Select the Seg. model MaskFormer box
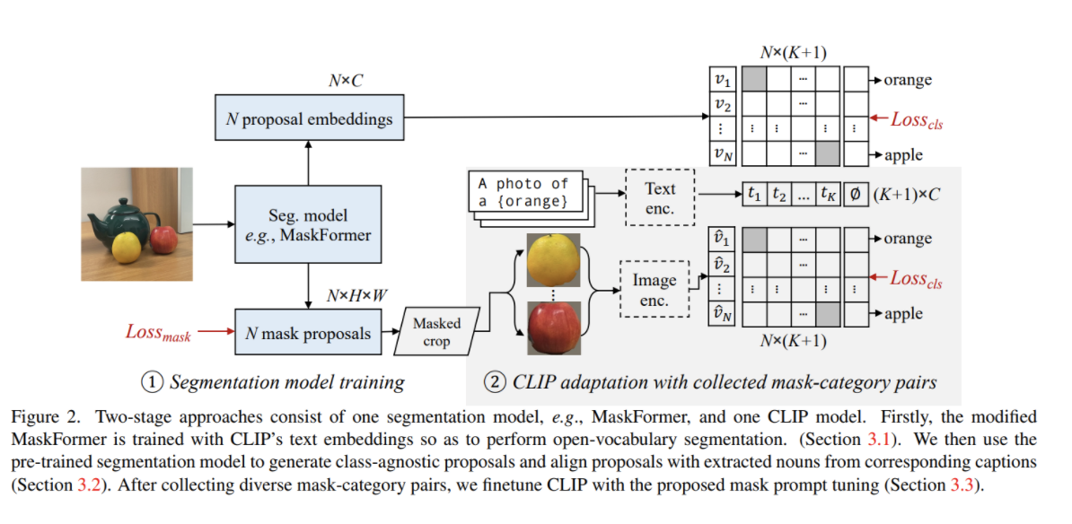tap(308, 225)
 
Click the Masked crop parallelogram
tap(437, 331)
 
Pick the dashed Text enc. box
tap(660, 197)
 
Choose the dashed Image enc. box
tap(655, 288)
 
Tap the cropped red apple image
tap(553, 327)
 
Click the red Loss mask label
tap(158, 333)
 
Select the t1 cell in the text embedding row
tap(755, 194)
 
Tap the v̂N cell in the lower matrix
tap(722, 313)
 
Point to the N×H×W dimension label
tap(357, 296)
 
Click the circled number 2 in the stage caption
tap(495, 382)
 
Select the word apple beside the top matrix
tap(903, 155)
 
